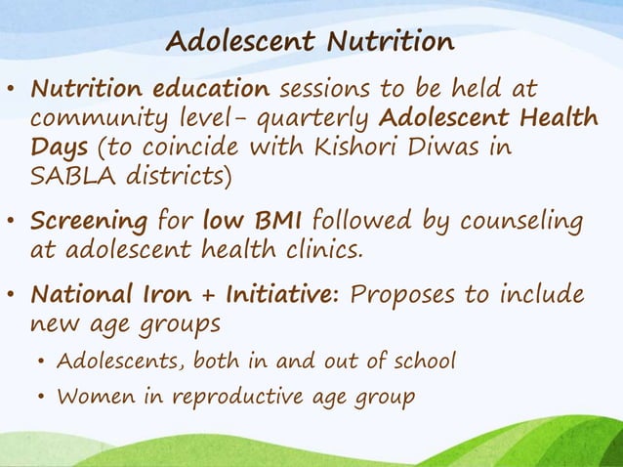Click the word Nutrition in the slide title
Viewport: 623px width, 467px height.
pos(390,43)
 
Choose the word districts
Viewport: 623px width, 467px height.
pos(172,177)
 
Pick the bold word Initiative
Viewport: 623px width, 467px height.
pos(278,295)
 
